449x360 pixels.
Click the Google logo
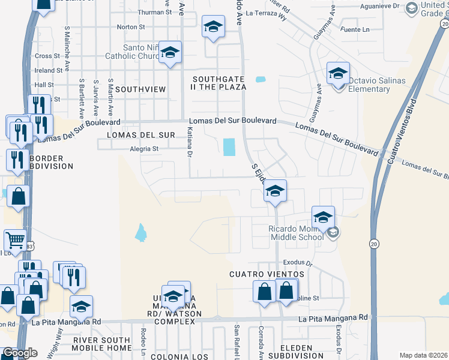click(19, 353)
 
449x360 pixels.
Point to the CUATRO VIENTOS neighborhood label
click(263, 274)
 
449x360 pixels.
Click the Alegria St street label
click(143, 149)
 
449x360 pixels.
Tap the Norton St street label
click(131, 27)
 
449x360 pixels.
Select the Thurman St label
click(154, 12)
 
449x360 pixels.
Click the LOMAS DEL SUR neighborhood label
click(141, 135)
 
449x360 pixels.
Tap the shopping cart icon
click(16, 241)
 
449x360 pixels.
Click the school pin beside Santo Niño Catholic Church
click(170, 53)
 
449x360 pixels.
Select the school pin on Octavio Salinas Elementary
click(338, 73)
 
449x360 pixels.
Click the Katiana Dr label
click(188, 142)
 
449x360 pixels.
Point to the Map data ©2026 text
click(424, 355)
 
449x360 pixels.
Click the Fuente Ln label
click(354, 29)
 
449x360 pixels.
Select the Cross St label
click(44, 56)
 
